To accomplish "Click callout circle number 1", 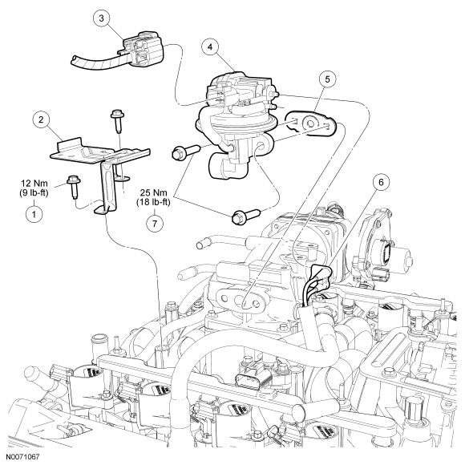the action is (34, 214).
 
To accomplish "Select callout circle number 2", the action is (41, 119).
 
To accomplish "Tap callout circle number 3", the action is (102, 18).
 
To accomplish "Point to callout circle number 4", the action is (210, 47).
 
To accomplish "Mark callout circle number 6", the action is (381, 182).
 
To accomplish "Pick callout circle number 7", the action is (155, 224).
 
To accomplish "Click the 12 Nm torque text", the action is (34, 183).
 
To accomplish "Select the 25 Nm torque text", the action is (154, 192).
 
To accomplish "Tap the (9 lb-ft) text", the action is (33, 192).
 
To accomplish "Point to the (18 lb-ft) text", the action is (153, 202).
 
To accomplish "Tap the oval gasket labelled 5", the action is (311, 123).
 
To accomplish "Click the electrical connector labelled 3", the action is (142, 49).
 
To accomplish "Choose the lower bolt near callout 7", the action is (246, 216).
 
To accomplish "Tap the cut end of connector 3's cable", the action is (74, 59).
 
